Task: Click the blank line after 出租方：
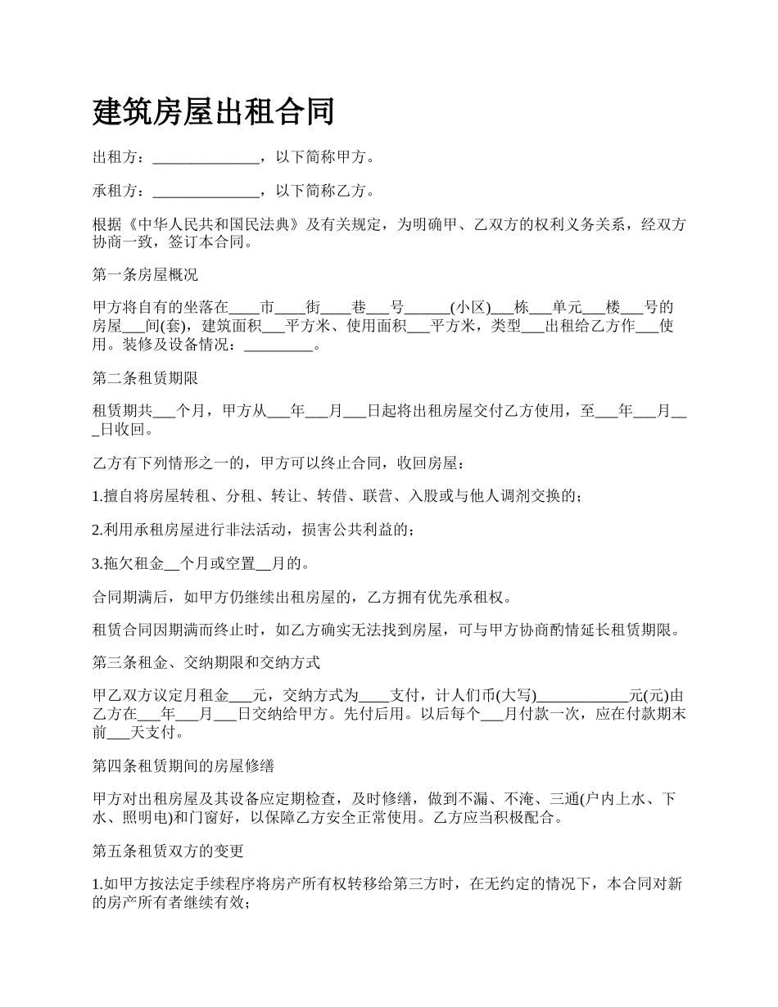point(205,158)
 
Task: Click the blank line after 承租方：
point(205,192)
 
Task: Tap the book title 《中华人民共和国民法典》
point(215,226)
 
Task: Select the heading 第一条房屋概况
point(145,274)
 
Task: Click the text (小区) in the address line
point(470,309)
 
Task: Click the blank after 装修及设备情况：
point(278,345)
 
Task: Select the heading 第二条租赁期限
point(145,379)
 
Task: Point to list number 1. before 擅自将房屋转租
point(97,497)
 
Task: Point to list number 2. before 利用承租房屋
point(97,531)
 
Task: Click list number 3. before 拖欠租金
point(97,563)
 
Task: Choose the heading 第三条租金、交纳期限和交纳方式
point(206,662)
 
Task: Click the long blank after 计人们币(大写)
point(582,697)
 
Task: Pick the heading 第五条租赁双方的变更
point(168,851)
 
